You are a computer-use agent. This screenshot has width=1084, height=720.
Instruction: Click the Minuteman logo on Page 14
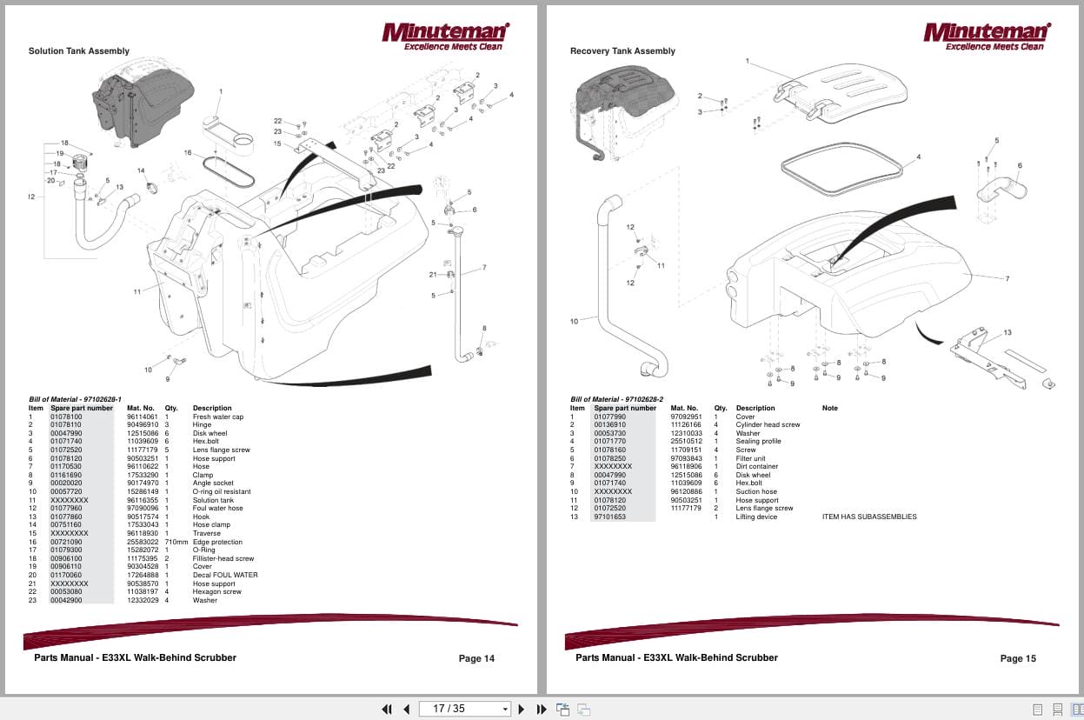coord(446,36)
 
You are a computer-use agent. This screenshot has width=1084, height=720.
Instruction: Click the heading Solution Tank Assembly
coord(79,51)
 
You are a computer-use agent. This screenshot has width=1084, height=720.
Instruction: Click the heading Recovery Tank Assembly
coord(622,51)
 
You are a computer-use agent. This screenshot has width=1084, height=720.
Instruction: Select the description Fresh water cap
coord(217,417)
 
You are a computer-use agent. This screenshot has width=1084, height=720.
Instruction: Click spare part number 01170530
coord(66,466)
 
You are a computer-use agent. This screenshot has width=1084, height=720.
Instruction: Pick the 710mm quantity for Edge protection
coord(176,542)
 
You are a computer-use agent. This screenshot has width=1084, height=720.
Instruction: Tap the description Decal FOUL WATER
coord(225,575)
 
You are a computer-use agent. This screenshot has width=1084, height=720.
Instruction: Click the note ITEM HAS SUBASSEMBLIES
coord(868,517)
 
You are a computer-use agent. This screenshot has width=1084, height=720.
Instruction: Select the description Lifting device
coord(756,517)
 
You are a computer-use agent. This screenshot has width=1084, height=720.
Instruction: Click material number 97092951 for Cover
coord(686,417)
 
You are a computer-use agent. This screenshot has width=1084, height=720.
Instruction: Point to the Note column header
coord(830,408)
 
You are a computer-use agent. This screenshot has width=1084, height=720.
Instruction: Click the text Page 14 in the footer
coord(476,658)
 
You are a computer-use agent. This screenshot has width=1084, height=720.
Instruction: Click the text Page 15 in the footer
coord(1018,658)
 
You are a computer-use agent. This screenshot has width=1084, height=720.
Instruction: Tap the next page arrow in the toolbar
coord(522,709)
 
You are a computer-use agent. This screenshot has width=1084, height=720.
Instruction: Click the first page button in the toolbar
coord(387,709)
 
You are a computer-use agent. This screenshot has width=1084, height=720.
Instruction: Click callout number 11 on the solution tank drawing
coord(136,291)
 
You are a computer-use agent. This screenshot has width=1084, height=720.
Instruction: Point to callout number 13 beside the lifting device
coord(1008,332)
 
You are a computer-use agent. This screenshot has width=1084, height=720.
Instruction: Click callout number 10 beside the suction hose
coord(574,322)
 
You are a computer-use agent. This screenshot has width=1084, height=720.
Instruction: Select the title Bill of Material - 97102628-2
coord(616,399)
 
